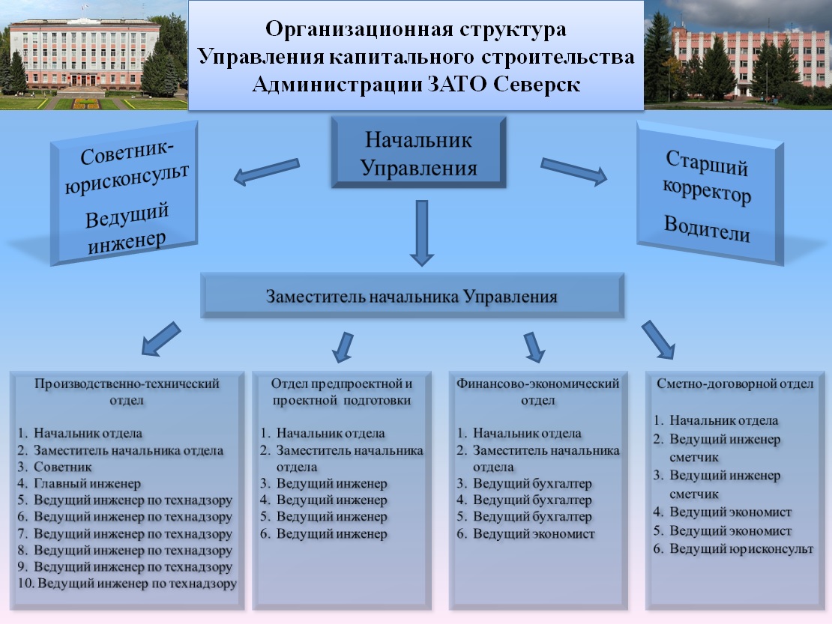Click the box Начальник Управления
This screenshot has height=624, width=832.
coord(419,153)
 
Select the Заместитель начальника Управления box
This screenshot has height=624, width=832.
coord(412,296)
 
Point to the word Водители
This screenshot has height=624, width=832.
coord(707,228)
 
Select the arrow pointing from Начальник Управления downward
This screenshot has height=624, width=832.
coord(422,233)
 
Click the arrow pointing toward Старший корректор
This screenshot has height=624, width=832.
coord(573,171)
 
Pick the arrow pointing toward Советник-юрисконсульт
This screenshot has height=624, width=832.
coord(266,172)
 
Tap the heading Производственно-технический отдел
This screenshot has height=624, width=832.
coord(127,392)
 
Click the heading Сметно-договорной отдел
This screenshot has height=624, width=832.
coord(734,384)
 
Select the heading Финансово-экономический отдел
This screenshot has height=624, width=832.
coord(537,392)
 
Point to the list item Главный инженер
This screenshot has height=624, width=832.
coord(87,484)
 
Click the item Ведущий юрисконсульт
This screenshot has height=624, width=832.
coord(741,549)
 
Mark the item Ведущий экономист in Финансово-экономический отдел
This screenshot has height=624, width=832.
coord(534,534)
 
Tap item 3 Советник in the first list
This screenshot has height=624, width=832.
coord(63,467)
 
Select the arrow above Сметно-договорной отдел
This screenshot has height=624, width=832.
coord(659,339)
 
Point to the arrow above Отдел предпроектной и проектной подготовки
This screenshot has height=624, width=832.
coord(343,346)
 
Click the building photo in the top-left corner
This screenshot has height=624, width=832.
coord(94,55)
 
